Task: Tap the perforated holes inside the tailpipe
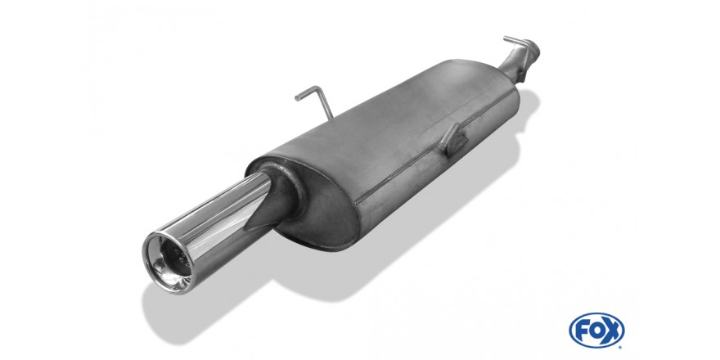click(169, 251)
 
